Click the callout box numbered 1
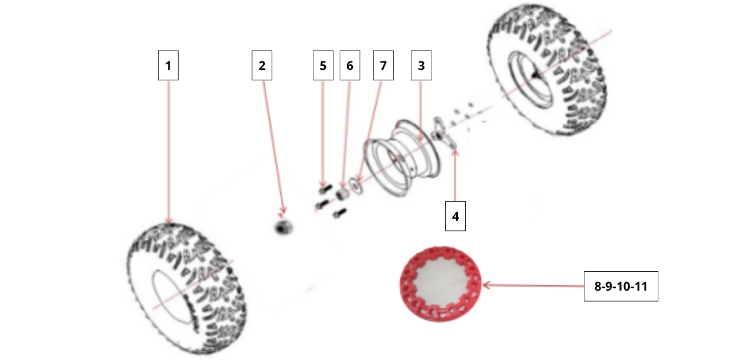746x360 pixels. click(x=168, y=65)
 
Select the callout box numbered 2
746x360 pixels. click(x=262, y=65)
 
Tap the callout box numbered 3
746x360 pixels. click(x=421, y=65)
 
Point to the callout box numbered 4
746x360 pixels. click(x=456, y=216)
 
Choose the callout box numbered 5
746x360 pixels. click(x=323, y=65)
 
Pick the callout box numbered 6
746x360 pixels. click(x=350, y=65)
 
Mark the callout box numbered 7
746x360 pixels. click(x=383, y=65)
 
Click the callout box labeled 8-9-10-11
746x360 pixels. click(x=621, y=286)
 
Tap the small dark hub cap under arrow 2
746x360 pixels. click(x=284, y=228)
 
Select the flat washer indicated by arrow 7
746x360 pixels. click(x=356, y=185)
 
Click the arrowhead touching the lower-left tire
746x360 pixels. click(x=169, y=221)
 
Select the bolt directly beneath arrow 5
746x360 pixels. click(x=325, y=189)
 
